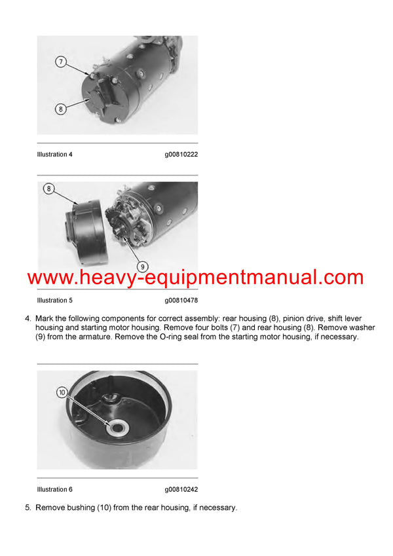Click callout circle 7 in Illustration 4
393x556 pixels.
[x=60, y=62]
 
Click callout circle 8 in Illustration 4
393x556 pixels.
[x=60, y=109]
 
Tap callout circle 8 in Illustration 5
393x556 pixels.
[x=49, y=189]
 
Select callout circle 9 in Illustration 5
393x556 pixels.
[x=143, y=267]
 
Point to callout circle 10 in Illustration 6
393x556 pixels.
[x=62, y=392]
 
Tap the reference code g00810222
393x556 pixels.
[x=181, y=155]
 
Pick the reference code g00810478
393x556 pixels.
[x=181, y=301]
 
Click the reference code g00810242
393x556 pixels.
[x=181, y=489]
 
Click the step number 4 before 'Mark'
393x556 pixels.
[x=28, y=318]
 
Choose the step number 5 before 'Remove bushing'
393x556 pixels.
[x=28, y=508]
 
